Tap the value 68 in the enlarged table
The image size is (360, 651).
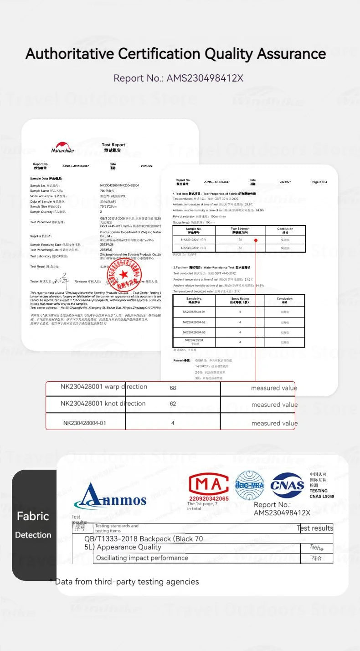point(173,388)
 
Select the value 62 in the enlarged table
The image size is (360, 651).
point(173,404)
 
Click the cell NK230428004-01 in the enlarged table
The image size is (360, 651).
point(85,423)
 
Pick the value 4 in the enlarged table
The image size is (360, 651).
point(173,423)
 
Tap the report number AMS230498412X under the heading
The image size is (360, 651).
point(205,78)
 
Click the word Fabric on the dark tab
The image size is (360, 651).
point(33,516)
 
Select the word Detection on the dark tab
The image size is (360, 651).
point(33,535)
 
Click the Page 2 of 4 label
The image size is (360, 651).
point(319,182)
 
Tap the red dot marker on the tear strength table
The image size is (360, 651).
point(256,240)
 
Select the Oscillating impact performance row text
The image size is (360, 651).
point(142,558)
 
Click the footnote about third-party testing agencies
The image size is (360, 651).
point(124,582)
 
